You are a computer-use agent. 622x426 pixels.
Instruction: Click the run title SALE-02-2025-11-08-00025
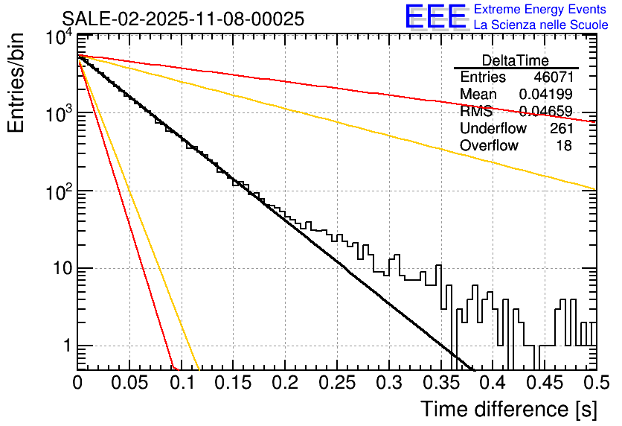(x=183, y=19)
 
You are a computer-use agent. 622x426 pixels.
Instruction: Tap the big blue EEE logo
(x=435, y=17)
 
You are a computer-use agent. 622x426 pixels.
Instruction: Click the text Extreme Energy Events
(x=541, y=10)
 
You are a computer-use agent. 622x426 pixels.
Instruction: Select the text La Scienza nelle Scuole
(x=541, y=25)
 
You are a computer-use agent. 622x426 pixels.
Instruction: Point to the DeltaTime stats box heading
(x=516, y=60)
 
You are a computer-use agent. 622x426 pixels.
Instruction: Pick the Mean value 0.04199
(x=545, y=95)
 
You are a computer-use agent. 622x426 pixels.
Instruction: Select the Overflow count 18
(x=564, y=146)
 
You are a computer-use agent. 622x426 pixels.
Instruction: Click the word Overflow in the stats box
(x=489, y=146)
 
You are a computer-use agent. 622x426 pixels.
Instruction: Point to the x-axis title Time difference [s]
(x=507, y=409)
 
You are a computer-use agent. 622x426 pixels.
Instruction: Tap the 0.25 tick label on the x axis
(x=336, y=384)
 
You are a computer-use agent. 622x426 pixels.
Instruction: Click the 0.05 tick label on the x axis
(x=129, y=384)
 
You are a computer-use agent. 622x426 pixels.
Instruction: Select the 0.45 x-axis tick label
(x=542, y=384)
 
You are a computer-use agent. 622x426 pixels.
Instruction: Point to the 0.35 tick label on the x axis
(x=439, y=384)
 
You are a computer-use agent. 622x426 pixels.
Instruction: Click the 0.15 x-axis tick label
(x=232, y=384)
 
